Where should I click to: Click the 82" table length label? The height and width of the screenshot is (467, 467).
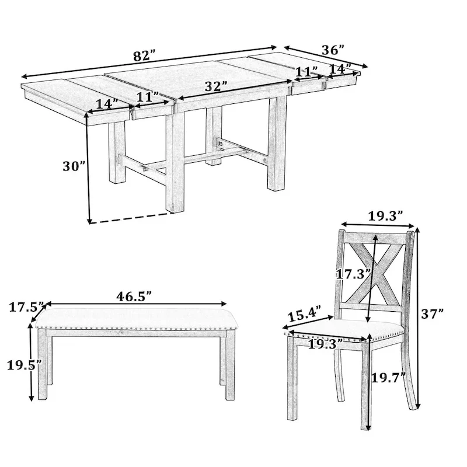[x=144, y=57]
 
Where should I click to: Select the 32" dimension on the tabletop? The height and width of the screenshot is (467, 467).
[x=215, y=86]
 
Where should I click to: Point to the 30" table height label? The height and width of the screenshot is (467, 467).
[x=74, y=166]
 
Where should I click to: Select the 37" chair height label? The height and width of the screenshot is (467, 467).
[x=433, y=313]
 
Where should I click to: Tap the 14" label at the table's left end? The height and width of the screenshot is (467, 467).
[x=107, y=104]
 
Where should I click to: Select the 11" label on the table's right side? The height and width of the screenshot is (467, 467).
[x=306, y=72]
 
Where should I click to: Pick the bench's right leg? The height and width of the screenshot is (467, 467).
[x=228, y=368]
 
